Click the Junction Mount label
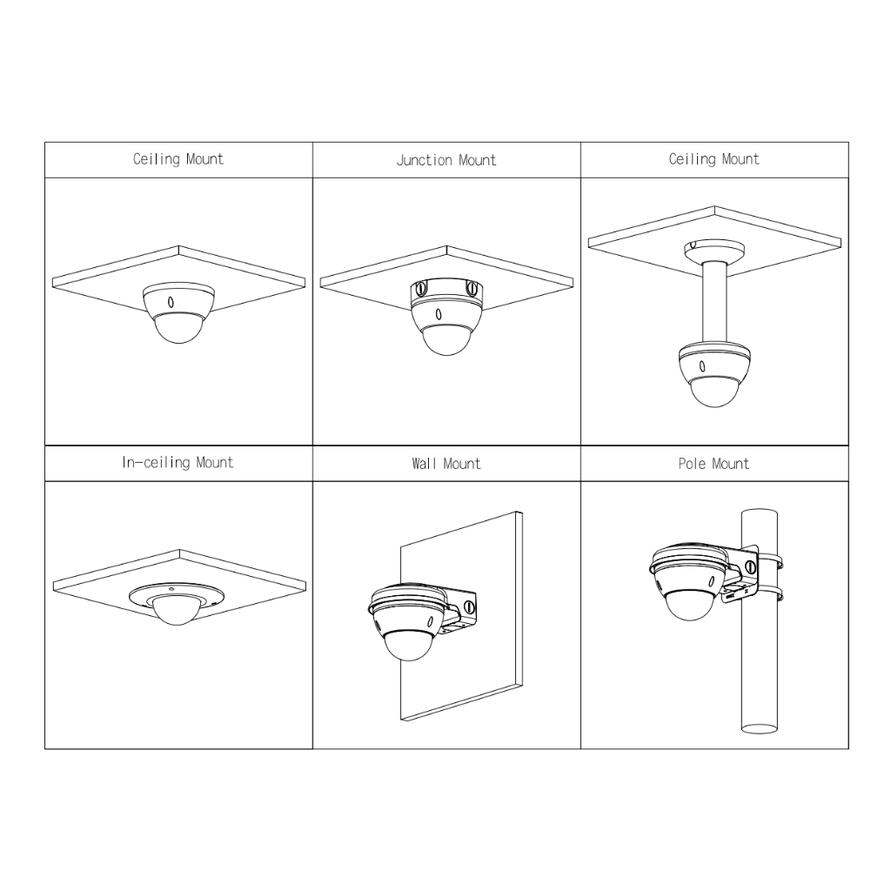446,161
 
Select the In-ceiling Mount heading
178,463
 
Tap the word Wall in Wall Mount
425,465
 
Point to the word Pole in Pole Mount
692,465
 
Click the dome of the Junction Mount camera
446,340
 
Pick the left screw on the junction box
421,289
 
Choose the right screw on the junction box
472,289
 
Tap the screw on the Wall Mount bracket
470,606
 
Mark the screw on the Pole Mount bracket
751,566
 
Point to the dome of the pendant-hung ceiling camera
715,392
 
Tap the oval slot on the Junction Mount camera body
439,314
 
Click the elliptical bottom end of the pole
759,728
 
